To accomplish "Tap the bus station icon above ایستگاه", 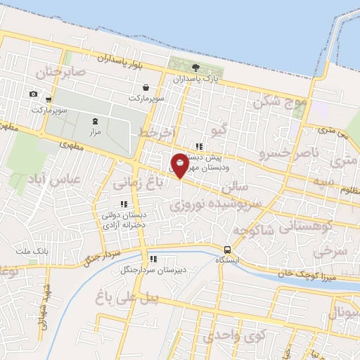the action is coord(227,250).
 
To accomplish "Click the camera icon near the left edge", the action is coord(33,94).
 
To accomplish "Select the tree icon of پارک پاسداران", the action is coord(195,68).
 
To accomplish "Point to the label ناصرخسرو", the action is coord(289,153).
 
